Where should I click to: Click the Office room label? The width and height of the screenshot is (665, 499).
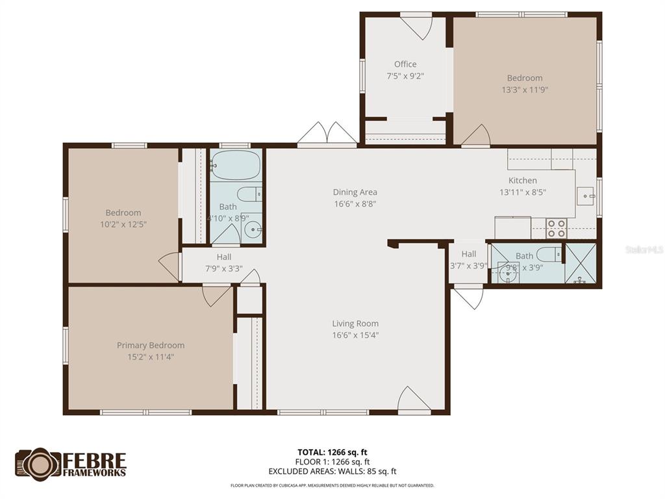pyautogui.click(x=405, y=64)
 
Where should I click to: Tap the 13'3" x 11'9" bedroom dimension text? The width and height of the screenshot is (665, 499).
pyautogui.click(x=525, y=90)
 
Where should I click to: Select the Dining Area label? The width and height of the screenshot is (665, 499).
pyautogui.click(x=355, y=192)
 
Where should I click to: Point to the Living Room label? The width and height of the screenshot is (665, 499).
pyautogui.click(x=355, y=324)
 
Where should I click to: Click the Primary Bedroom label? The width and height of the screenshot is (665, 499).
pyautogui.click(x=151, y=345)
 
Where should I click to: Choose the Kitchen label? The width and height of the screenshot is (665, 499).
pyautogui.click(x=522, y=181)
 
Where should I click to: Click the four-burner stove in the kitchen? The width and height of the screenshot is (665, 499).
pyautogui.click(x=556, y=228)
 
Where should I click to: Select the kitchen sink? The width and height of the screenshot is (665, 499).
pyautogui.click(x=586, y=194)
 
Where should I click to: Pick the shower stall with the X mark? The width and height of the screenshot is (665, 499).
pyautogui.click(x=580, y=263)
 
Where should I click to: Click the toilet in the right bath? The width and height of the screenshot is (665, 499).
pyautogui.click(x=548, y=253)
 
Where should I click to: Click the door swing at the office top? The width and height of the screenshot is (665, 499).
pyautogui.click(x=416, y=27)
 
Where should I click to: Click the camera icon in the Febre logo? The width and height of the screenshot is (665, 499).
pyautogui.click(x=38, y=464)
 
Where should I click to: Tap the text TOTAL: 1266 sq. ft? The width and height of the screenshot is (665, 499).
pyautogui.click(x=332, y=452)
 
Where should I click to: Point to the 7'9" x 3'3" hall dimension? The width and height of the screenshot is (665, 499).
pyautogui.click(x=223, y=268)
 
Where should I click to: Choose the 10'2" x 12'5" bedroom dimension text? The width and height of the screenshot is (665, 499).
pyautogui.click(x=123, y=224)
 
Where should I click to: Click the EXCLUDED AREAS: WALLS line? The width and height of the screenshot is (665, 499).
pyautogui.click(x=332, y=471)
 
